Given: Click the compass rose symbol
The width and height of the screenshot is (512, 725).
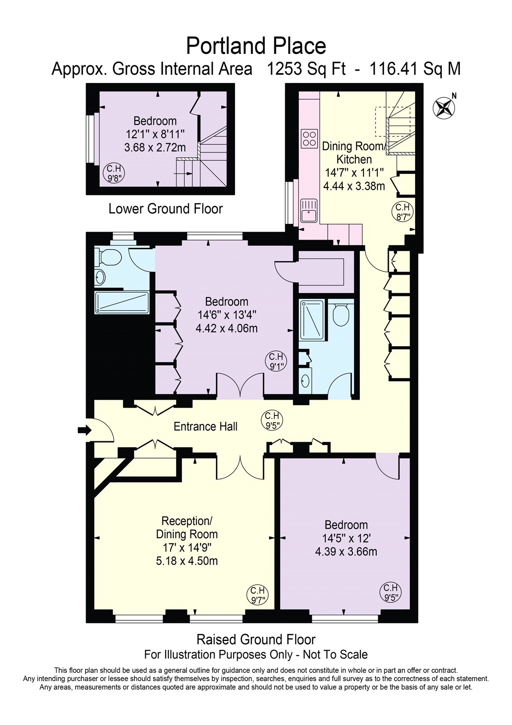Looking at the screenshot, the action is pyautogui.click(x=444, y=107).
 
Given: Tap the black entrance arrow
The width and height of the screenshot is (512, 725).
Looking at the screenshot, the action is pyautogui.click(x=85, y=430).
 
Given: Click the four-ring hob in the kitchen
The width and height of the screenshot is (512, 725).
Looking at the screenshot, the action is pyautogui.click(x=309, y=138).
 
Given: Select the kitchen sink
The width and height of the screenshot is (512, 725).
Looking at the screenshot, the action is pyautogui.click(x=309, y=211).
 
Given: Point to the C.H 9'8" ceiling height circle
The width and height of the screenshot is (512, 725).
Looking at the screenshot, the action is pyautogui.click(x=114, y=174).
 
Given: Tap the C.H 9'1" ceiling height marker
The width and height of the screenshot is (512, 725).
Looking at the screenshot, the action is pyautogui.click(x=276, y=362).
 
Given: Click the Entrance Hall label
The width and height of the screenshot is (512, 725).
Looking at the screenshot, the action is pyautogui.click(x=206, y=426).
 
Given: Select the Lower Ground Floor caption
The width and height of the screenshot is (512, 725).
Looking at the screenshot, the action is pyautogui.click(x=166, y=209).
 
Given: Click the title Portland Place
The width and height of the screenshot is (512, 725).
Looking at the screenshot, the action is pyautogui.click(x=256, y=46).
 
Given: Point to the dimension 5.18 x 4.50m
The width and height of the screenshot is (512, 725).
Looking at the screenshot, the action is pyautogui.click(x=187, y=561).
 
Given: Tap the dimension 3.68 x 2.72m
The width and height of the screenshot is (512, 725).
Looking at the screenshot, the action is pyautogui.click(x=155, y=148).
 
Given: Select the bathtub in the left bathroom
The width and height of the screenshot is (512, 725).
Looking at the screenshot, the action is pyautogui.click(x=122, y=303).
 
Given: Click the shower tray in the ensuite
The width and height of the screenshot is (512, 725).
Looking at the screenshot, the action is pyautogui.click(x=312, y=320).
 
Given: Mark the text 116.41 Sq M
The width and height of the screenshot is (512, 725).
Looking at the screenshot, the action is pyautogui.click(x=415, y=69).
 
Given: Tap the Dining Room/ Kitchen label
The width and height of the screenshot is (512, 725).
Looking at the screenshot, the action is pyautogui.click(x=354, y=153).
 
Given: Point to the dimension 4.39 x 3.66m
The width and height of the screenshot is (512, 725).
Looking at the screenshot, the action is pyautogui.click(x=346, y=551).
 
